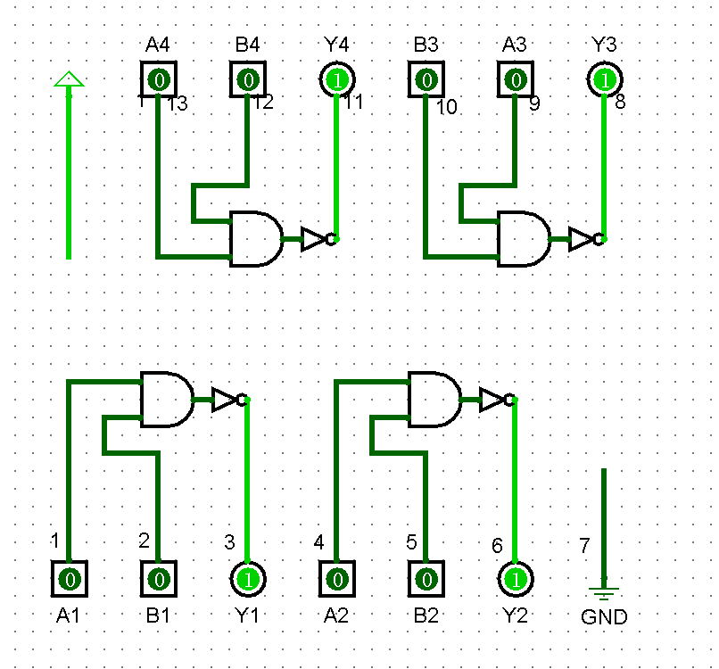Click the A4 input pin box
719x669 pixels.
[159, 79]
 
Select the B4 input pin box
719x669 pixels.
[248, 79]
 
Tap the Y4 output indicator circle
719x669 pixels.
[337, 79]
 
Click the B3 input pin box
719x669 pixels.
[426, 79]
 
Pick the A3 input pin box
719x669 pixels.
[516, 79]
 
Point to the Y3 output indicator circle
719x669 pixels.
[605, 79]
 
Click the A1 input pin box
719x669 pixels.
[70, 579]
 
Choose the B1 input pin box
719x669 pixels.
[159, 579]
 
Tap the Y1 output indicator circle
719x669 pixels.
[248, 579]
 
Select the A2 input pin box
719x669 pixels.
[337, 579]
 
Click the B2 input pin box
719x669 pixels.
[426, 579]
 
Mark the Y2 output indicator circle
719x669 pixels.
[516, 579]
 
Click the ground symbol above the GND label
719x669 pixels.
[604, 591]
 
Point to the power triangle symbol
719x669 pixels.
[69, 80]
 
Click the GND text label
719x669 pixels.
[604, 617]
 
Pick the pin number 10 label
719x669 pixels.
[446, 108]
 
